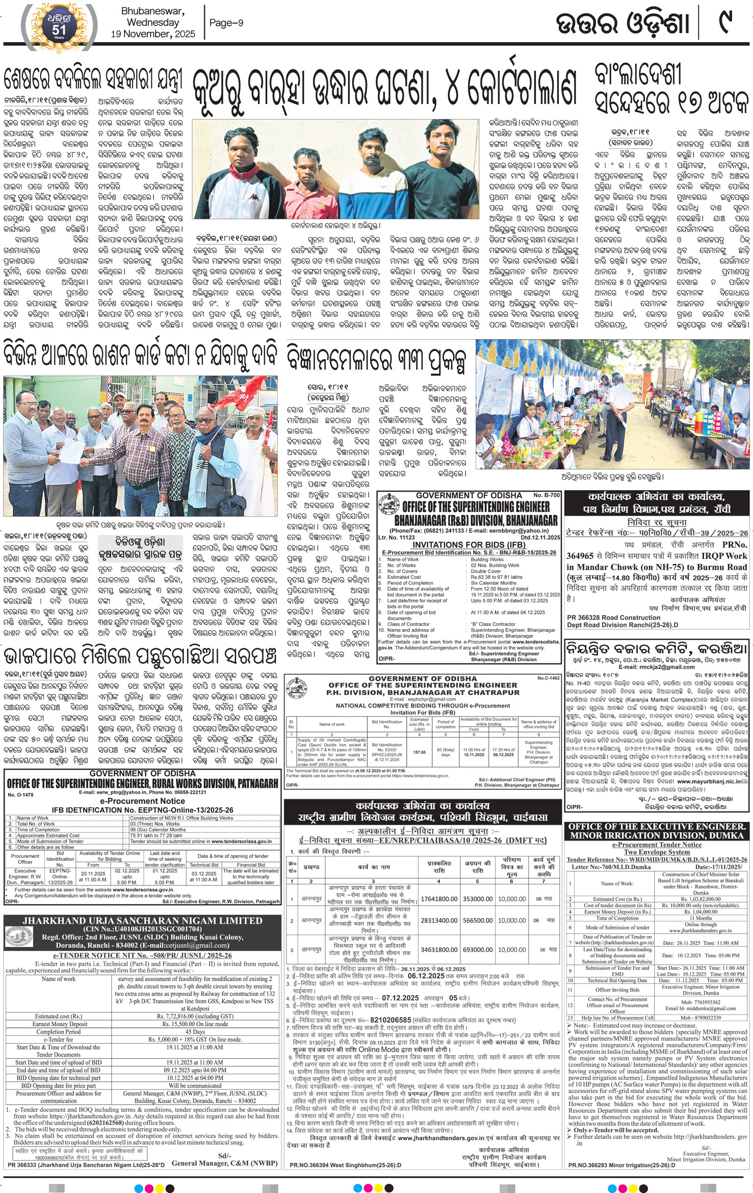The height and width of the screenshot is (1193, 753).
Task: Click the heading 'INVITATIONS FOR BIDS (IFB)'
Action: coord(470,545)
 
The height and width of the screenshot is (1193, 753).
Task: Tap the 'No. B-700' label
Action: coord(546,495)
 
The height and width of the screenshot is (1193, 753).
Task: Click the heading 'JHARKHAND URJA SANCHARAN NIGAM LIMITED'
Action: coord(142,921)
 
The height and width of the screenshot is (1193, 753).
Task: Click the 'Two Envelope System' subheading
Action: coord(657,852)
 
